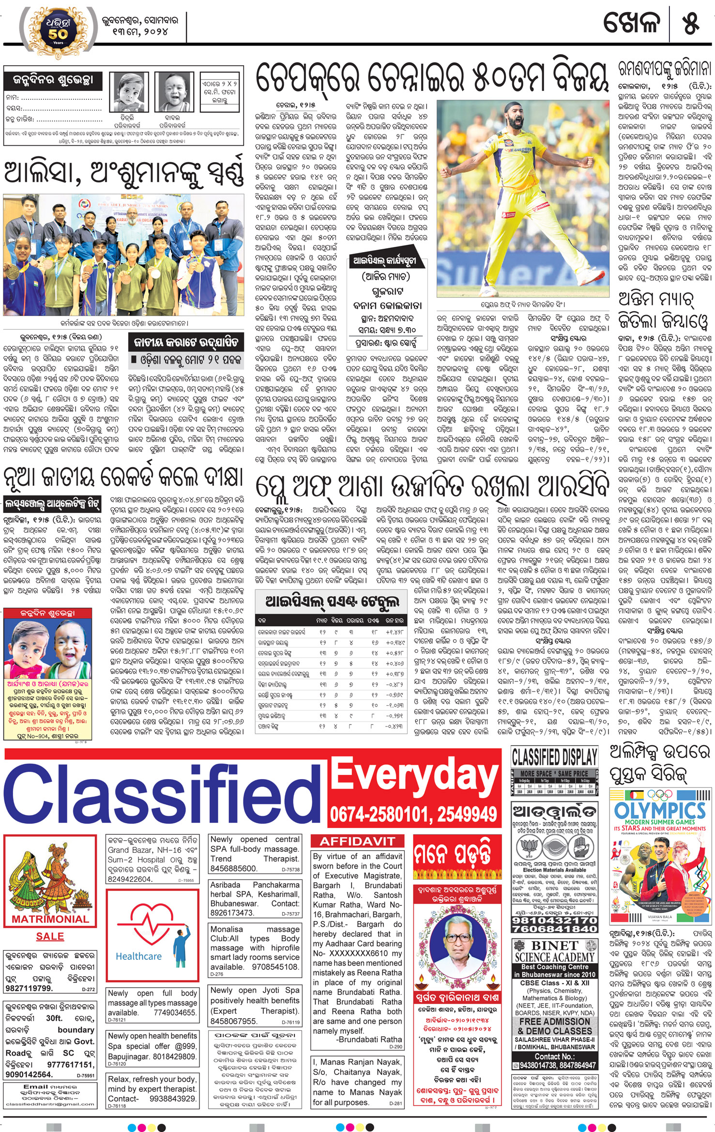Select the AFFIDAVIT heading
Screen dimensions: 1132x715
(357, 841)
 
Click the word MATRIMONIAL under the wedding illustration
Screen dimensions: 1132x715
(50, 919)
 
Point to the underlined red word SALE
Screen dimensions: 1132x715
(50, 936)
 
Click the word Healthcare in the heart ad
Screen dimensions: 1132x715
(138, 956)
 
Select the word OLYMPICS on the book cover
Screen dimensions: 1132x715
(660, 810)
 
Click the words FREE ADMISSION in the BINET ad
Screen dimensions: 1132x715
(554, 1022)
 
